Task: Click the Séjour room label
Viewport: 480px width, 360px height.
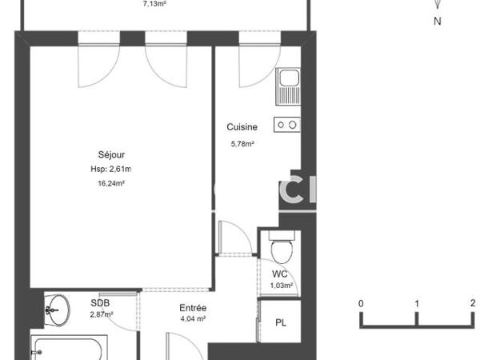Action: [112, 154]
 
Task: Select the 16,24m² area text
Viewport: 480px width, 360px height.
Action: [111, 183]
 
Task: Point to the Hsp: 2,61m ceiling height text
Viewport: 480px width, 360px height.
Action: [111, 169]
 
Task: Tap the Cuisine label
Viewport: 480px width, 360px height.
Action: [242, 127]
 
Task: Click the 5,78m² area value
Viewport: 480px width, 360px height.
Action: [242, 144]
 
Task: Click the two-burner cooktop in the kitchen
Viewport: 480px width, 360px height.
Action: [286, 124]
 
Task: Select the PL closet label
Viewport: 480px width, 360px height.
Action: [281, 323]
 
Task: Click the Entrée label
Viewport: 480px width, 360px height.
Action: [194, 308]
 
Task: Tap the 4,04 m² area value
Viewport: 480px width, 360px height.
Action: [193, 318]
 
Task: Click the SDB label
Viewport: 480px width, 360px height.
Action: [99, 303]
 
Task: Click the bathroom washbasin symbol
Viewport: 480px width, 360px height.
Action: [56, 308]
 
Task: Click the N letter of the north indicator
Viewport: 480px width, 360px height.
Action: [437, 22]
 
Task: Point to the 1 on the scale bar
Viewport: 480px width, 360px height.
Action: [417, 304]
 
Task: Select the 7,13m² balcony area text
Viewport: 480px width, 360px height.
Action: [154, 3]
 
